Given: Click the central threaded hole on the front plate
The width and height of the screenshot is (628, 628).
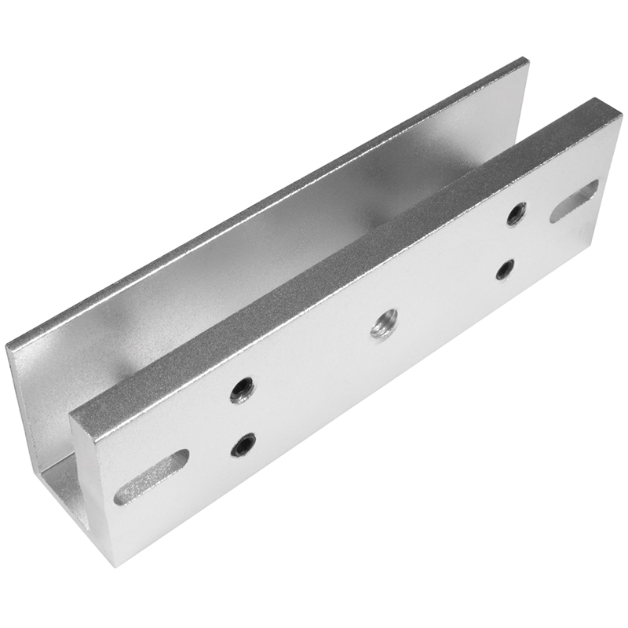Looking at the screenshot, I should pyautogui.click(x=384, y=323).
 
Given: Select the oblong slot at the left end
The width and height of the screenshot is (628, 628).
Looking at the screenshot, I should pyautogui.click(x=152, y=476).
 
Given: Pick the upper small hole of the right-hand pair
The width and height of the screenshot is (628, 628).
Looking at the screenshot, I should pyautogui.click(x=517, y=214).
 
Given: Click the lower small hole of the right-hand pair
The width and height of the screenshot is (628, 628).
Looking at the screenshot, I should pyautogui.click(x=506, y=268).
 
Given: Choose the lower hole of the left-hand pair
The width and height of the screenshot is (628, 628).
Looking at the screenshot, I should pyautogui.click(x=243, y=445).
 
